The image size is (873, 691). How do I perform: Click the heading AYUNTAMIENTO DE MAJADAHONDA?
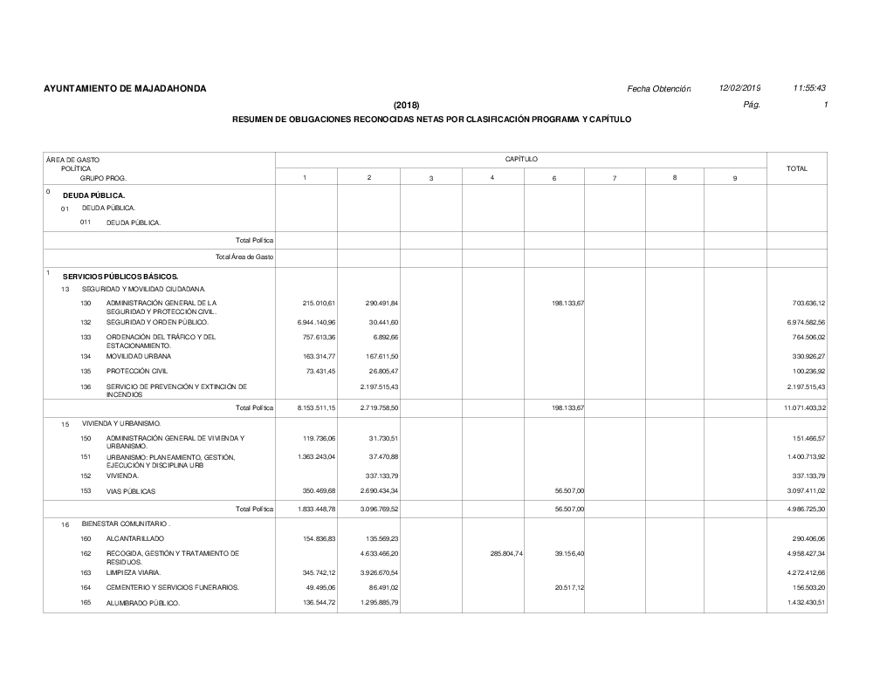point(125,89)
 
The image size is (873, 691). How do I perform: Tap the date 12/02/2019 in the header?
point(739,89)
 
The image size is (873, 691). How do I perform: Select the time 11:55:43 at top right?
point(809,89)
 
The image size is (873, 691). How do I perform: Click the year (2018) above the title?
point(407,106)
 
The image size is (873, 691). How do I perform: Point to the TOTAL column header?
point(796,168)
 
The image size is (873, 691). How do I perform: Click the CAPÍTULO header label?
point(521,160)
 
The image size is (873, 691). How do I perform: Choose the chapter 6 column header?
point(554,178)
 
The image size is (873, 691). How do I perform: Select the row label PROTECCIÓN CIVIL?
point(136,370)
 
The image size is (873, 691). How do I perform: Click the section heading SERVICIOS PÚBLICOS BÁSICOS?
point(120,277)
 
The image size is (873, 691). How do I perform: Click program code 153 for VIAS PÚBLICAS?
point(86,491)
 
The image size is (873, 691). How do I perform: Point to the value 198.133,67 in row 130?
point(567,303)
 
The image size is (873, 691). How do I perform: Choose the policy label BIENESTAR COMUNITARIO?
point(126,524)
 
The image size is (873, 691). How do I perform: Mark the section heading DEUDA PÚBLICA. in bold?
point(94,195)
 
